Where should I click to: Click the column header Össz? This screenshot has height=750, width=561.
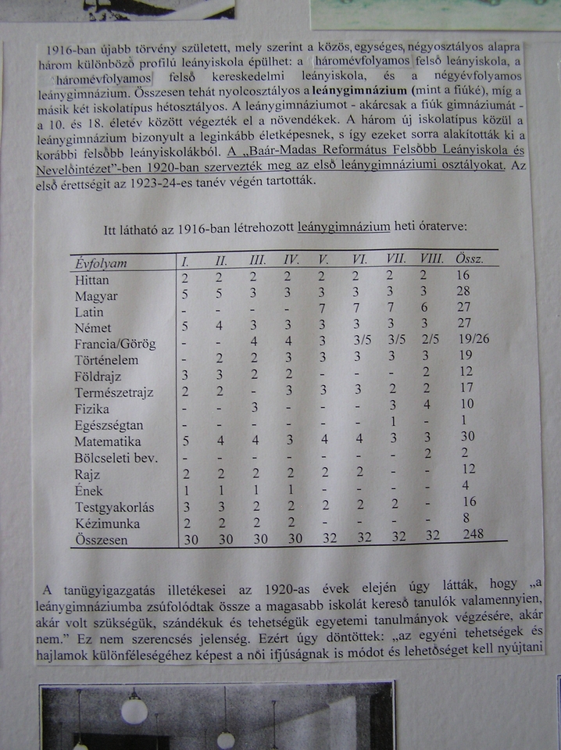(x=469, y=259)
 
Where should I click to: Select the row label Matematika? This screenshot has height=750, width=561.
(x=107, y=441)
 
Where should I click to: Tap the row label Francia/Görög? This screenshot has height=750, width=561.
(x=115, y=344)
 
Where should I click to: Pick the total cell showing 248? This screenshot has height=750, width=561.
(x=473, y=534)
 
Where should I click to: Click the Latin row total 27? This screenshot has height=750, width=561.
(x=466, y=311)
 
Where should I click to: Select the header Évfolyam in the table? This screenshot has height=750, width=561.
(x=102, y=263)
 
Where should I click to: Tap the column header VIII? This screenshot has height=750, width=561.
(x=431, y=259)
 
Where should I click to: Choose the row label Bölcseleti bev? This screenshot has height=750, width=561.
(x=116, y=457)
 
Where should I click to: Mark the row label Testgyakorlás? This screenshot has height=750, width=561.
(x=115, y=507)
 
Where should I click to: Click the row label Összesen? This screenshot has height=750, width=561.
(x=107, y=541)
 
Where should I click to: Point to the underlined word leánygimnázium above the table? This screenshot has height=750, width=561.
(x=344, y=227)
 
